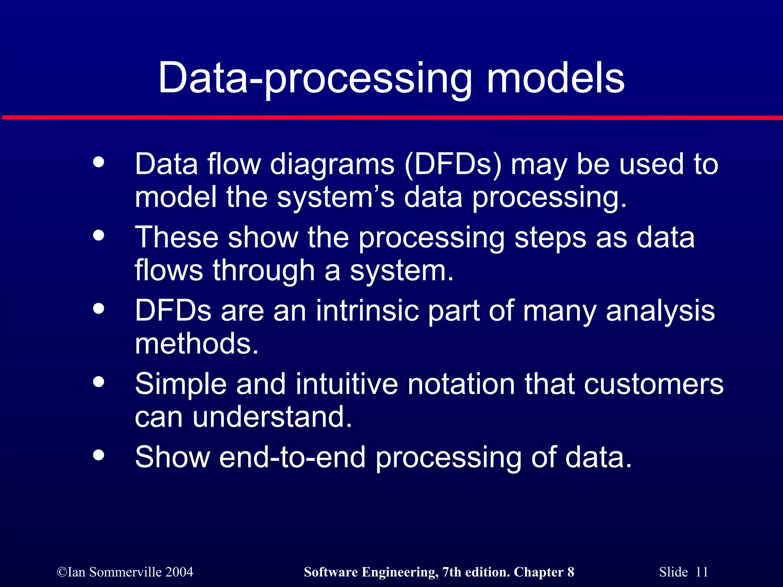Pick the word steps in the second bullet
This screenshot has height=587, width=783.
(x=550, y=238)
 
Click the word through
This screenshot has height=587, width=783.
(x=263, y=271)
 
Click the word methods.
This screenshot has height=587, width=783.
(x=197, y=343)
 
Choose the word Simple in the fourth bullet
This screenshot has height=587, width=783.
(x=181, y=384)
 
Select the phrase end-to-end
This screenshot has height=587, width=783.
(x=292, y=457)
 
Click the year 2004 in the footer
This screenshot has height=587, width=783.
(x=179, y=572)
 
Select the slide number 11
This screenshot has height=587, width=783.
(x=702, y=572)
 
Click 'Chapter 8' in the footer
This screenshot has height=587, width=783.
(x=544, y=572)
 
